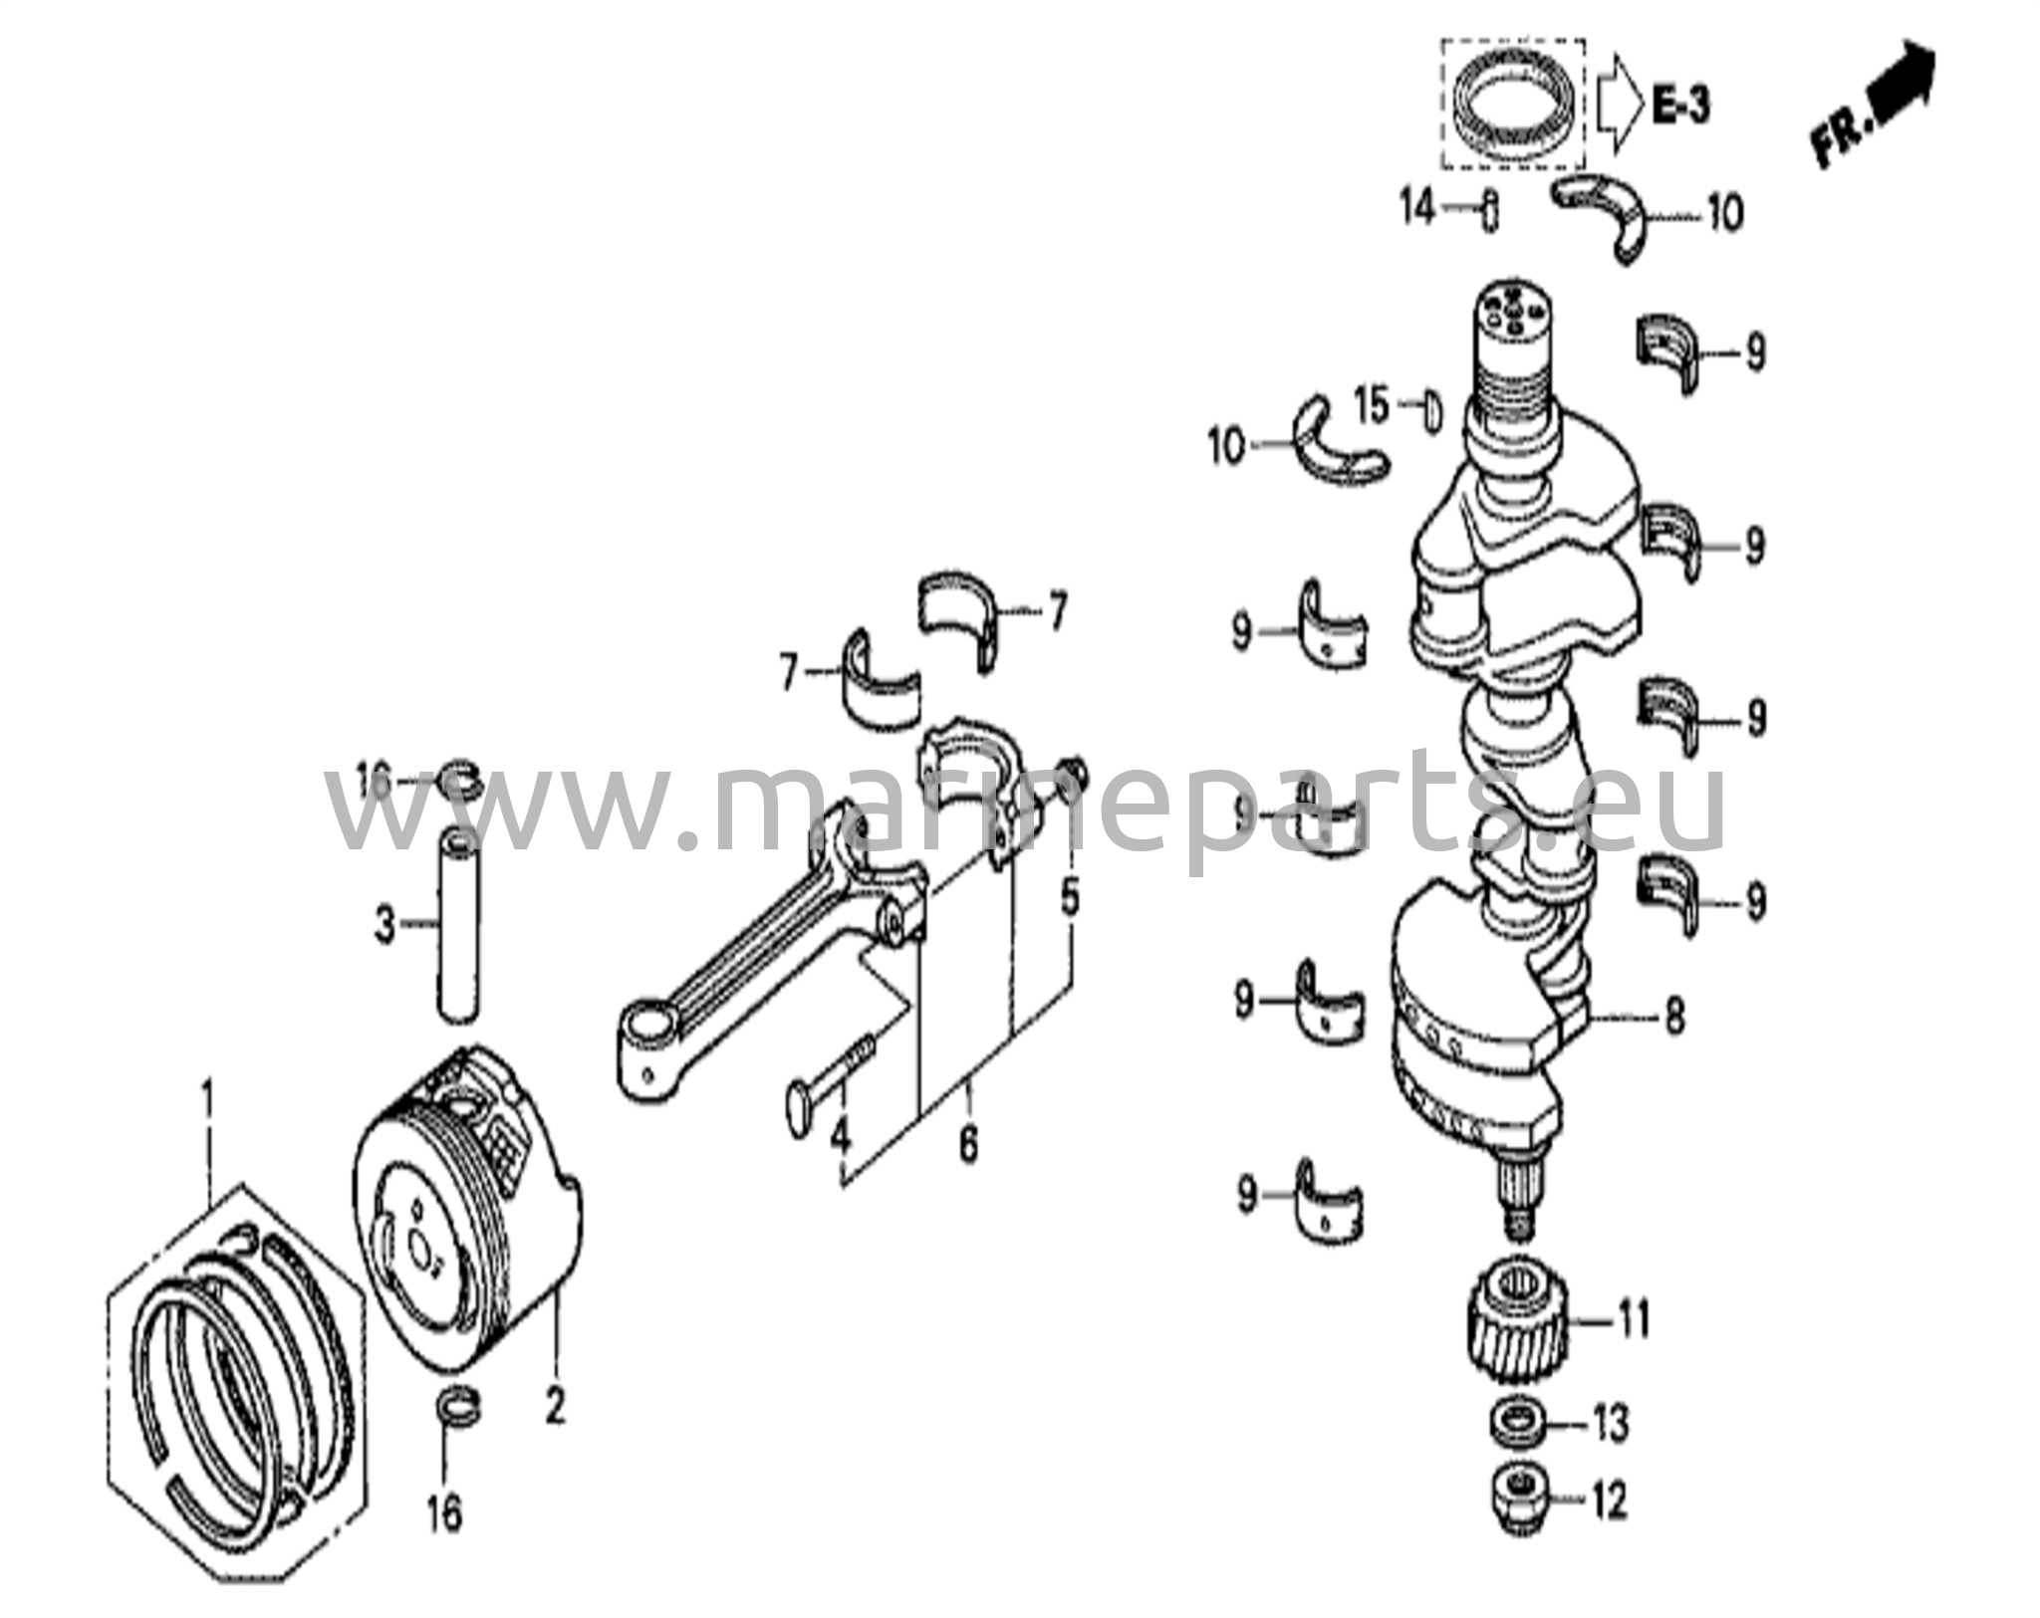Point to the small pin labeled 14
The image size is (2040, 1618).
(1489, 210)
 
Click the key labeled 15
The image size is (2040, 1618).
(1431, 408)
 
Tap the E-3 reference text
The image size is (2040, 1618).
(1682, 105)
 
